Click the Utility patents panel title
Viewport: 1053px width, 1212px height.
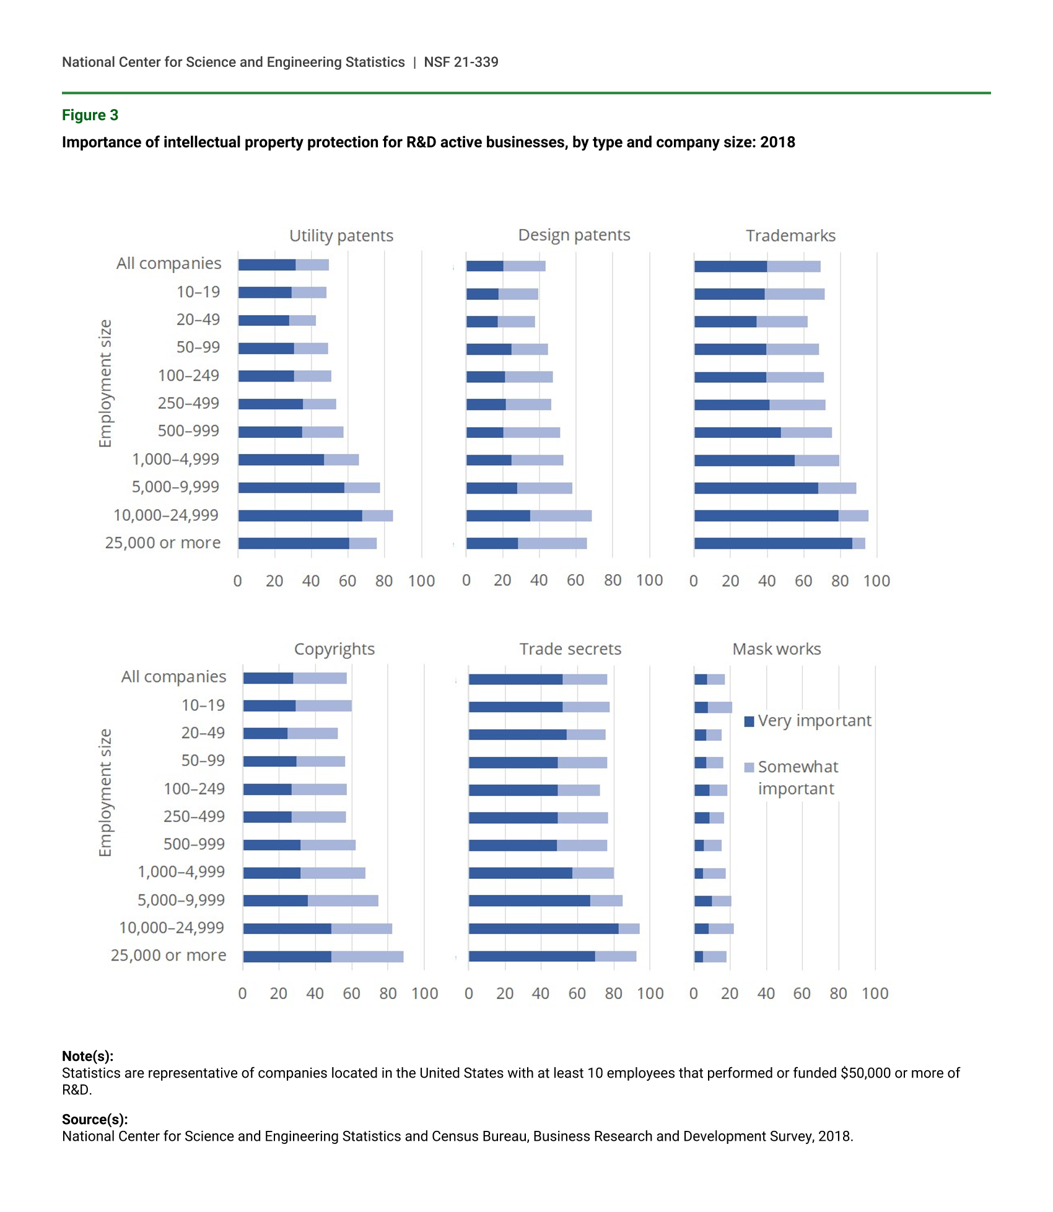pyautogui.click(x=341, y=236)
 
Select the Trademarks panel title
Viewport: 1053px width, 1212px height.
pyautogui.click(x=790, y=236)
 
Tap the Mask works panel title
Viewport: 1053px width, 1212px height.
pyautogui.click(x=777, y=649)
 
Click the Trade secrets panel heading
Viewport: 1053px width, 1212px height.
pyautogui.click(x=570, y=649)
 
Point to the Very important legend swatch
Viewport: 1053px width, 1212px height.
pyautogui.click(x=749, y=722)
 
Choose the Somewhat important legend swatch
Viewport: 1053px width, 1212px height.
pyautogui.click(x=749, y=768)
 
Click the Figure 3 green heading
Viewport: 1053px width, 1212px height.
pyautogui.click(x=90, y=115)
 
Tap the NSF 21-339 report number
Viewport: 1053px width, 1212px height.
pyautogui.click(x=461, y=62)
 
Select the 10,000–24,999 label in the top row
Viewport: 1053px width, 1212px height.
pyautogui.click(x=166, y=515)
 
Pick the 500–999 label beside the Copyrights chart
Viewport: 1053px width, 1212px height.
pyautogui.click(x=194, y=844)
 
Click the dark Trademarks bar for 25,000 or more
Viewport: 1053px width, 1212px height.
pyautogui.click(x=773, y=544)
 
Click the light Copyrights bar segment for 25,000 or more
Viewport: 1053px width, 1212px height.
pyautogui.click(x=367, y=957)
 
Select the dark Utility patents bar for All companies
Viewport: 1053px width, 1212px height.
pyautogui.click(x=267, y=265)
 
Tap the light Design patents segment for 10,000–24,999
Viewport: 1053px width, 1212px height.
pyautogui.click(x=561, y=516)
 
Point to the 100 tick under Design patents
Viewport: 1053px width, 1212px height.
pyautogui.click(x=649, y=580)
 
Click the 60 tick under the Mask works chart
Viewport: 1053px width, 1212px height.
pyautogui.click(x=802, y=993)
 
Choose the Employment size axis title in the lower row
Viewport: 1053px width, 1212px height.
pyautogui.click(x=105, y=793)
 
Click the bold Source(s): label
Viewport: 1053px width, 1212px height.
pyautogui.click(x=95, y=1119)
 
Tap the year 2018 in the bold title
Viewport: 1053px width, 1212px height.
pyautogui.click(x=777, y=142)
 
